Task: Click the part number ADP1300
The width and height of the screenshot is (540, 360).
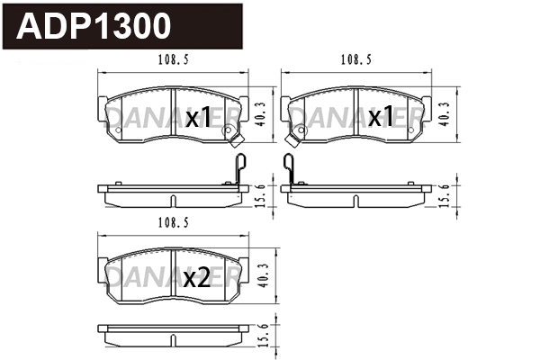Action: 95,27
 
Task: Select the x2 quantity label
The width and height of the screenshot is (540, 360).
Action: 196,279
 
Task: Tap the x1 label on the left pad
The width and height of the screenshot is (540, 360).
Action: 197,117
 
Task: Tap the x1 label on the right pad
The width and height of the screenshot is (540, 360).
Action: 382,117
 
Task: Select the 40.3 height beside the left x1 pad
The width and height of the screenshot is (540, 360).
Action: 261,112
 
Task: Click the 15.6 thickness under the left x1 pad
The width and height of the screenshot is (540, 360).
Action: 261,193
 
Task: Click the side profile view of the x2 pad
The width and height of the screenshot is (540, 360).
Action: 171,332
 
